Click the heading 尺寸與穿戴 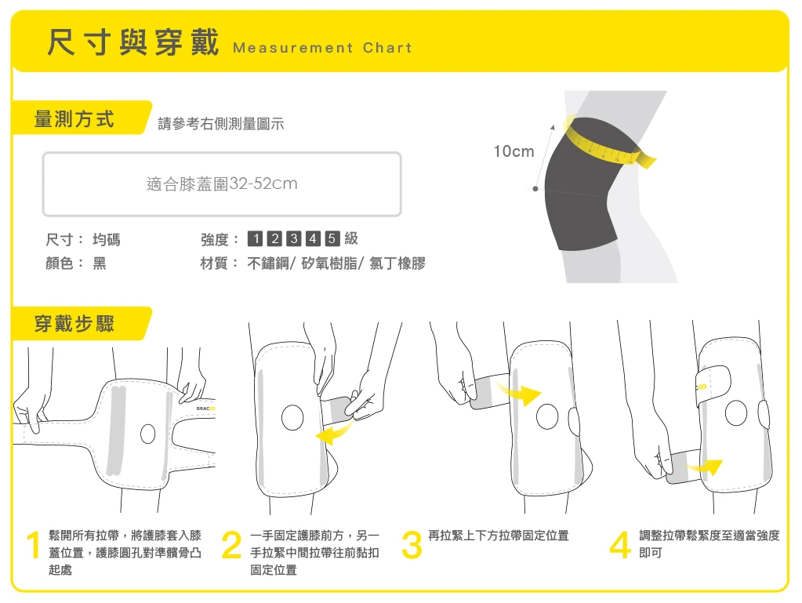click(132, 43)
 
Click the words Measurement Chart click(322, 48)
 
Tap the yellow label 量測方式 click(74, 119)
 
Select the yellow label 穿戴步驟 click(74, 323)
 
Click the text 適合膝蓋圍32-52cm click(222, 184)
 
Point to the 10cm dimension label click(513, 151)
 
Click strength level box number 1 click(255, 239)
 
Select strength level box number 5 click(332, 239)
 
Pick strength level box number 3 click(294, 239)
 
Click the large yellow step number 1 click(33, 547)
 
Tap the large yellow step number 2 click(231, 547)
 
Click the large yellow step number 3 click(411, 547)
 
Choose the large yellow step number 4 click(619, 547)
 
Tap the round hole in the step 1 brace click(147, 434)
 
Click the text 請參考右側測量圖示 click(221, 124)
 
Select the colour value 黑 click(100, 263)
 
